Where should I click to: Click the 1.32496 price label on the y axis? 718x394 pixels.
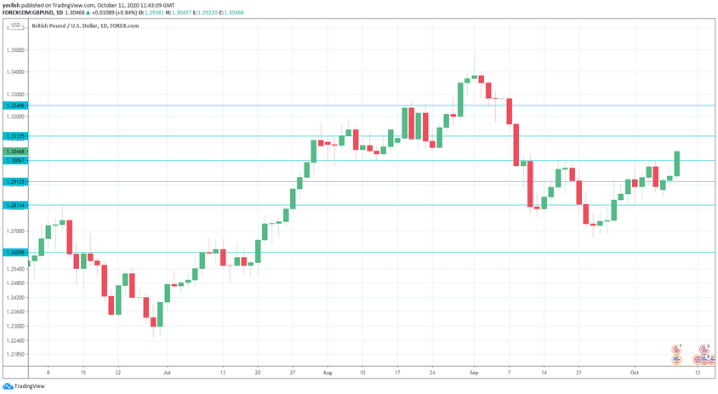pos(14,106)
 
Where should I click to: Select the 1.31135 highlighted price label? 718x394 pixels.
pos(14,136)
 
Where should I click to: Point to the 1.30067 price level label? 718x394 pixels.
pos(14,160)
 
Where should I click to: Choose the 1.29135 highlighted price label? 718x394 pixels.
pos(14,182)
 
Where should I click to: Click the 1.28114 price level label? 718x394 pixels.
pos(14,205)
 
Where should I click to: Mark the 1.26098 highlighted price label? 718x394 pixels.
pos(14,252)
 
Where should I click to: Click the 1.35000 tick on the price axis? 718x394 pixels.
pos(14,50)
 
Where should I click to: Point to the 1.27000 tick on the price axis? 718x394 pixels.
pos(14,231)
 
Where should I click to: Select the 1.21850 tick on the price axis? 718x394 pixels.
pos(14,354)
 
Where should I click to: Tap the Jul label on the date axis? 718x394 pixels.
pos(167,373)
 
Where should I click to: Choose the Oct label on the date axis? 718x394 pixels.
pos(634,373)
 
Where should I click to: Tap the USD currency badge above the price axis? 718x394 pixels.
pos(14,26)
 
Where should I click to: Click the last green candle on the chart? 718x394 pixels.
pos(678,163)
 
